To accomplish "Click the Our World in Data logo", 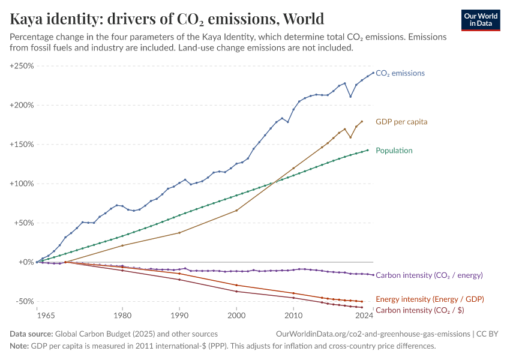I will (x=480, y=20).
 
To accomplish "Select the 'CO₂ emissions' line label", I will (x=400, y=73).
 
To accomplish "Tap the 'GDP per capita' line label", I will (x=401, y=122).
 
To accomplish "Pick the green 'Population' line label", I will (x=395, y=151).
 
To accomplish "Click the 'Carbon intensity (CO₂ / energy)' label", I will (x=429, y=275).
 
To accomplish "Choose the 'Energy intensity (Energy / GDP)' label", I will (x=430, y=299).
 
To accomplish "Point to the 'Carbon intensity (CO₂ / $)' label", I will (x=419, y=310).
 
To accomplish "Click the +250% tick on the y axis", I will (x=22, y=66).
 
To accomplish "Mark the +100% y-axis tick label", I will (x=22, y=184).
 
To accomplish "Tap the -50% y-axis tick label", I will (x=23, y=301).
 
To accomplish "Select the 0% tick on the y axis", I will (x=25, y=262).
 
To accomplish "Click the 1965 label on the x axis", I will (x=37, y=315).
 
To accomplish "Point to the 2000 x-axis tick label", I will (x=237, y=315).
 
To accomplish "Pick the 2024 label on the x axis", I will (x=362, y=315).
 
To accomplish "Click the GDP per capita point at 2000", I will (x=237, y=210).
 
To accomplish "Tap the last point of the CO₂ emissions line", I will (x=373, y=73).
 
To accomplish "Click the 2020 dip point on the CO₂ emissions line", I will (x=350, y=96).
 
